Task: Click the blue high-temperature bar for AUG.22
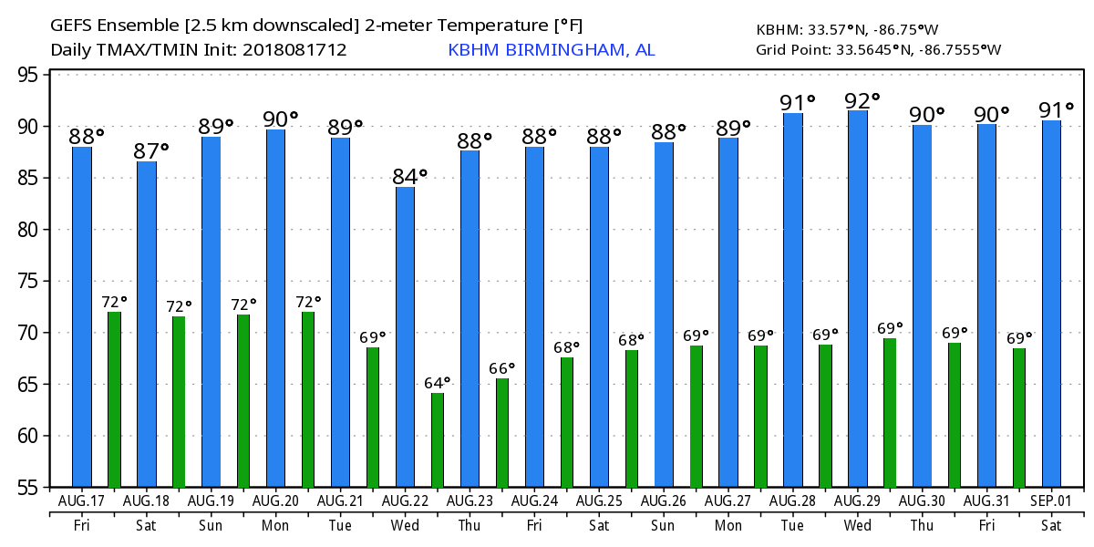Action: [405, 336]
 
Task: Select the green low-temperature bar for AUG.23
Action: [502, 432]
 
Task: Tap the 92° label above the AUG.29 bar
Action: [863, 99]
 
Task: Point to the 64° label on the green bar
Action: [438, 383]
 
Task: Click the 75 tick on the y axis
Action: [32, 281]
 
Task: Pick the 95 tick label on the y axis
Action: [32, 75]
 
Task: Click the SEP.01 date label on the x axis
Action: [1051, 501]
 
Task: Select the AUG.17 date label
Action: [81, 501]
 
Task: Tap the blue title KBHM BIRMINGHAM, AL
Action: [552, 50]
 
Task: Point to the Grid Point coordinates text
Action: [878, 49]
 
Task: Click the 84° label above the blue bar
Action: [410, 176]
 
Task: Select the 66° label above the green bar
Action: [502, 368]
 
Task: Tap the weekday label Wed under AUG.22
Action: [405, 526]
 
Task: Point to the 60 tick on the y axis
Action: [32, 436]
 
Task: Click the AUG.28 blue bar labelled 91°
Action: [793, 300]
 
